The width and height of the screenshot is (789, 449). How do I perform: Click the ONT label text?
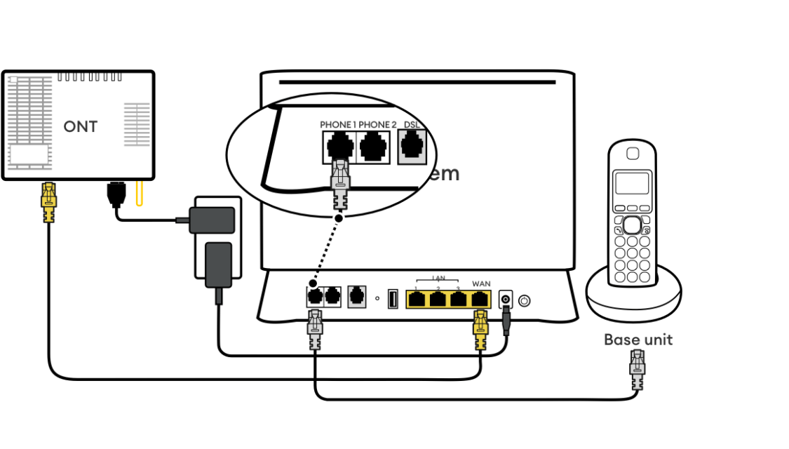pos(80,127)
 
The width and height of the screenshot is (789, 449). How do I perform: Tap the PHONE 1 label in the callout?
pos(337,125)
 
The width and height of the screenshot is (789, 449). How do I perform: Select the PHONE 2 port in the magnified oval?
pos(374,147)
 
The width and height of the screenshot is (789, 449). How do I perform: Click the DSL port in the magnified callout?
pos(412,147)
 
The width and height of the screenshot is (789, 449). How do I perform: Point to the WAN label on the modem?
pos(481,283)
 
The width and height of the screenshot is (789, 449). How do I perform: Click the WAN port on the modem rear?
pos(480,300)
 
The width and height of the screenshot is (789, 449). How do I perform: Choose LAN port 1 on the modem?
pos(417,300)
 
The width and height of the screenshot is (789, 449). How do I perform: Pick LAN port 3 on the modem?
pos(459,300)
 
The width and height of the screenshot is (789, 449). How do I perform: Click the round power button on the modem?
pos(524,301)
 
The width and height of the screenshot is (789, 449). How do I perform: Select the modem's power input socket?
pos(504,300)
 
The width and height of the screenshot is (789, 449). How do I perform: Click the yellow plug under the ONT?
pos(48,201)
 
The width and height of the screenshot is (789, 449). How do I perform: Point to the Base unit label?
pos(638,340)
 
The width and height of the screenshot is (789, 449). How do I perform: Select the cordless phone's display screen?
pos(632,183)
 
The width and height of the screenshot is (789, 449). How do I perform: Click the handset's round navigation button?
pos(632,224)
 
